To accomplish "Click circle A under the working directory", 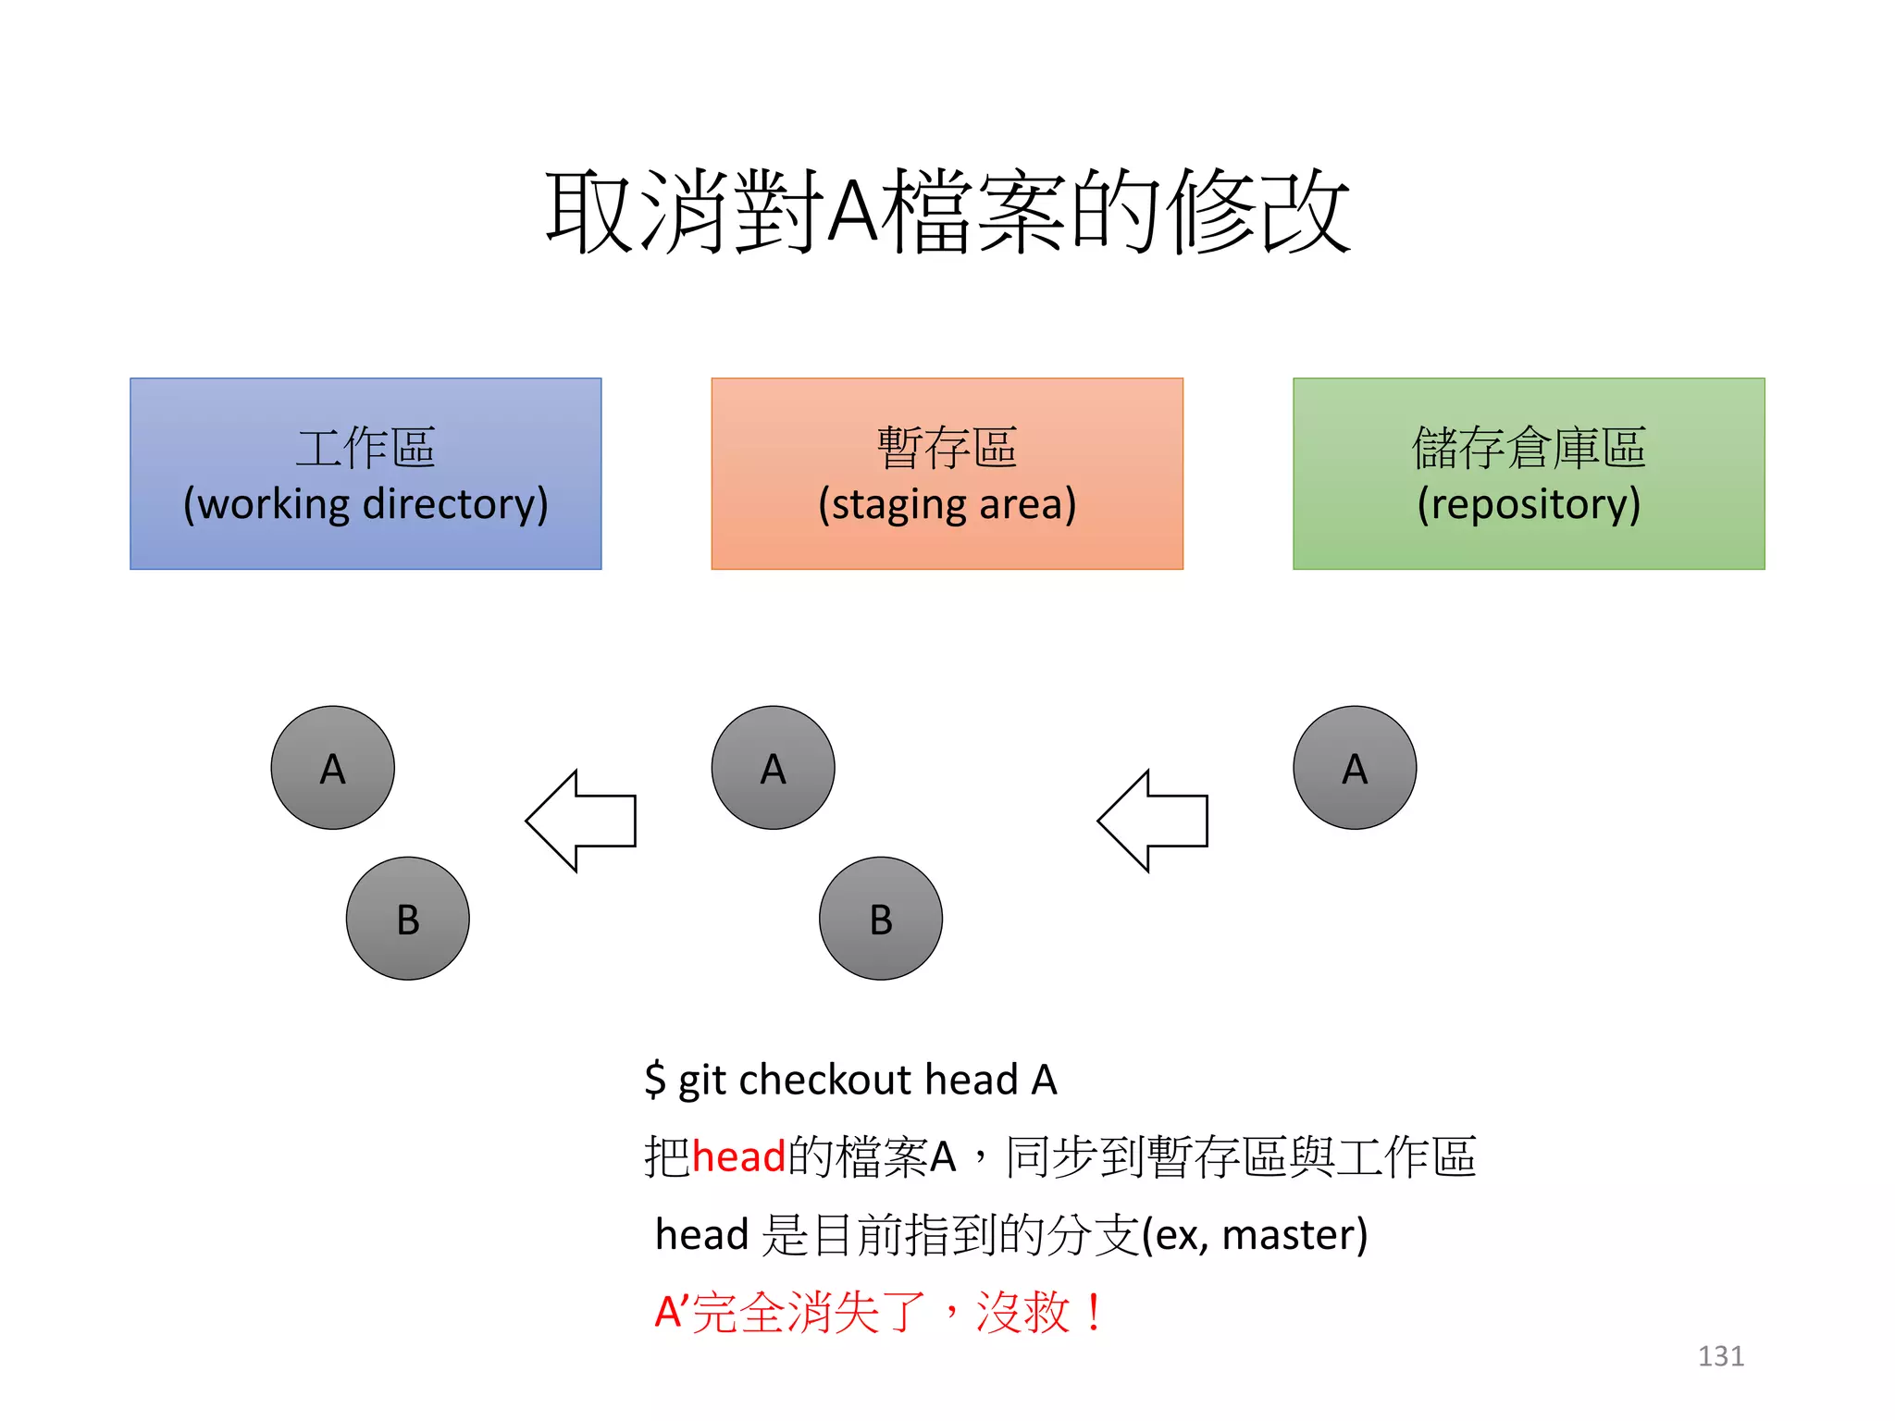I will click(x=333, y=768).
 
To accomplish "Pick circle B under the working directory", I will click(x=408, y=919).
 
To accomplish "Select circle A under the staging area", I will click(x=774, y=768).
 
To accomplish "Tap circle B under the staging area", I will click(x=881, y=919).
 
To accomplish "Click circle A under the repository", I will click(x=1355, y=768).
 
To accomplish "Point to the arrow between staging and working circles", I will click(x=580, y=821).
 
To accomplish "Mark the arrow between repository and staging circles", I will click(x=1152, y=821).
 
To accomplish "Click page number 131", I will click(x=1720, y=1356).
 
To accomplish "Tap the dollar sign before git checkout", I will click(x=655, y=1080).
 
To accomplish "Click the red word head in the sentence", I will click(x=738, y=1157).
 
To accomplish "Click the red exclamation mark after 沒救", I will click(x=1096, y=1313).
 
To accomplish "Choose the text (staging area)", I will click(x=947, y=505).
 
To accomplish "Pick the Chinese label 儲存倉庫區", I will click(x=1529, y=448).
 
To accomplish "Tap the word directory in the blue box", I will click(x=455, y=505).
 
